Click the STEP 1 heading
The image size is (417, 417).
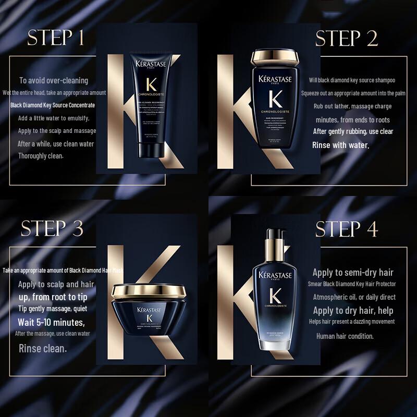tap(56, 39)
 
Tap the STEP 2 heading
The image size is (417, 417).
tap(347, 39)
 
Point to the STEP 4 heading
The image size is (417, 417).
tap(347, 228)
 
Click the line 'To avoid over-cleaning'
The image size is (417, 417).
tap(54, 80)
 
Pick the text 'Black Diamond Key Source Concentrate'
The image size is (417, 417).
tap(53, 105)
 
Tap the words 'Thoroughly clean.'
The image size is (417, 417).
tap(41, 141)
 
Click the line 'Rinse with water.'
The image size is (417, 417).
tap(340, 144)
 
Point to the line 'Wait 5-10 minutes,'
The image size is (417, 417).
tap(52, 322)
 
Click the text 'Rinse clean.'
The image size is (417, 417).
tap(43, 348)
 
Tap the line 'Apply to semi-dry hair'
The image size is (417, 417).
tap(353, 272)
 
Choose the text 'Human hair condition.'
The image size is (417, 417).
tap(345, 336)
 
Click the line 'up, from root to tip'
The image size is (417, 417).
tap(53, 297)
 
